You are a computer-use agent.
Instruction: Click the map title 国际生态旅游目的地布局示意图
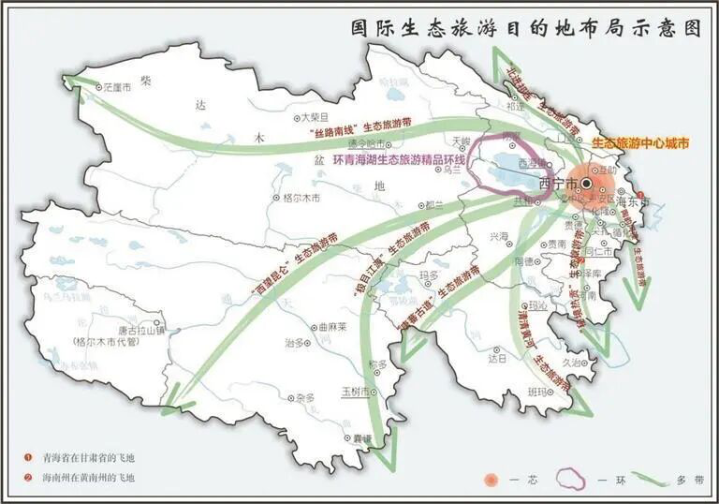pos(525,27)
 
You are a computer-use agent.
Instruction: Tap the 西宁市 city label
pos(559,183)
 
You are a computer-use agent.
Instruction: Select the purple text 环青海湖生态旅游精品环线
pos(399,159)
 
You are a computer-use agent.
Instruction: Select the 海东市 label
pos(633,201)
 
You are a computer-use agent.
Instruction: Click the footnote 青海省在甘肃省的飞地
pos(88,457)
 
